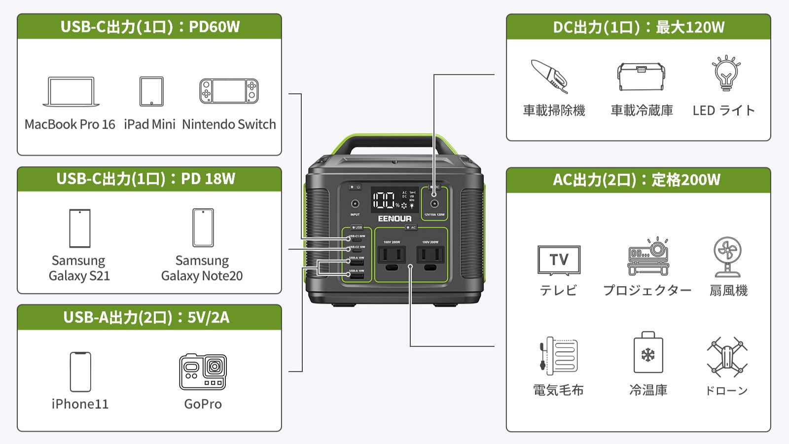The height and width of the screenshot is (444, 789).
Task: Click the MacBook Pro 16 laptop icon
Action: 71,92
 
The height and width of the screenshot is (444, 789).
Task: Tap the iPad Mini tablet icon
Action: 151,91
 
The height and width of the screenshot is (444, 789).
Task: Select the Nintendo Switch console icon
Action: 229,91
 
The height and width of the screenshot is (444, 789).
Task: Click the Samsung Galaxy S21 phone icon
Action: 79,228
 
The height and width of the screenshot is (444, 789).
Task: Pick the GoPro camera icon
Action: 203,371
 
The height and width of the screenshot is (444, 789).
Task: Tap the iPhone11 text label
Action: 80,404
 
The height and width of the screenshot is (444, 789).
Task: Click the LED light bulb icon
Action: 725,74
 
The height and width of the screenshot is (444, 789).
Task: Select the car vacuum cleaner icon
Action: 549,76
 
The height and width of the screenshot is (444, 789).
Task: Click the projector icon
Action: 648,257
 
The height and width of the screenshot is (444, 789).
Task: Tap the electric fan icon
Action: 727,257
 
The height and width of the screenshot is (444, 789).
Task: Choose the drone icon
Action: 727,357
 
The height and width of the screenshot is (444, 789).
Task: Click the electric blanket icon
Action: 558,355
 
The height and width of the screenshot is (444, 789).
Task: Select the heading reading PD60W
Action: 149,27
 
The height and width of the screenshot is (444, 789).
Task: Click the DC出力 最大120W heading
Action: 639,27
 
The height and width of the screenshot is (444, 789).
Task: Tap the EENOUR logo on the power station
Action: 394,219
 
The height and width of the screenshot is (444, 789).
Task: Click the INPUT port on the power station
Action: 355,204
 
